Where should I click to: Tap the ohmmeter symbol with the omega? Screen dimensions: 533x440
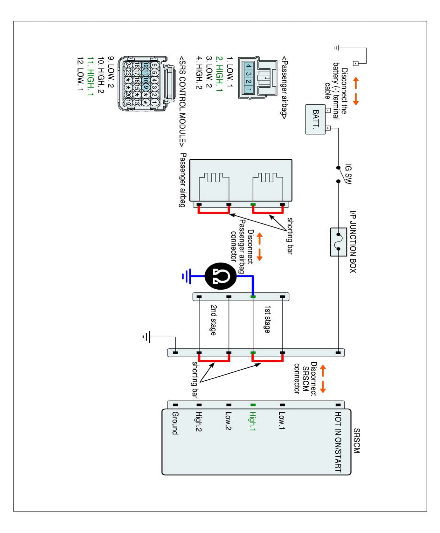221,276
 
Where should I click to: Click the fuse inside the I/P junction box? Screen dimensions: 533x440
338,242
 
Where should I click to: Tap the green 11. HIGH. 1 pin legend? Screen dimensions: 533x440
90,76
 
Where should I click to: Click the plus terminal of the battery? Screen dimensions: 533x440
328,128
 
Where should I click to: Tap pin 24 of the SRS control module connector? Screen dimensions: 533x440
128,65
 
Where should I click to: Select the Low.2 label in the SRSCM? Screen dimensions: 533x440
228,421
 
